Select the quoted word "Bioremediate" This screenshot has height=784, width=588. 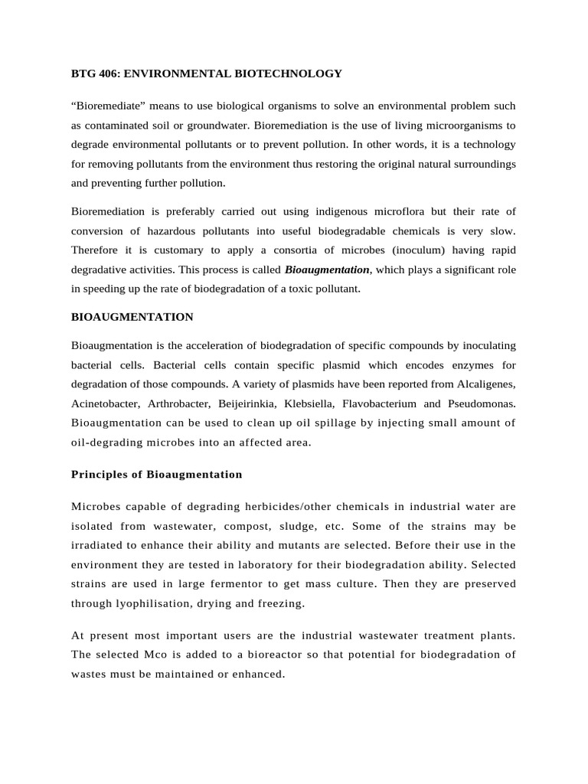103,105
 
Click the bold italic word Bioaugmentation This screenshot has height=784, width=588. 327,269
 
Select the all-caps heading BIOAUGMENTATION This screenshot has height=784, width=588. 132,316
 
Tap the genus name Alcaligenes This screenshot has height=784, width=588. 486,383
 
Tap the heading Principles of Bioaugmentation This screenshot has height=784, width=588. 157,474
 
